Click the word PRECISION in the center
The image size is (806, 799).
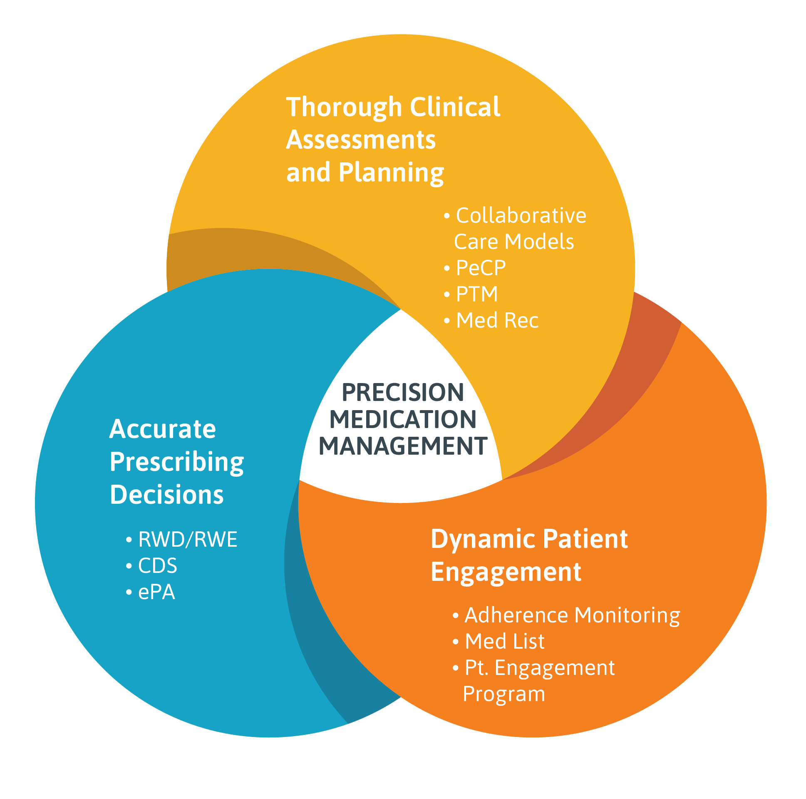pos(402,393)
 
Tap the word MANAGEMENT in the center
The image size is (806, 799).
pos(402,446)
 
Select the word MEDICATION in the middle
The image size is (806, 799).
pos(402,420)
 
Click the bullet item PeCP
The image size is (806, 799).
pos(480,268)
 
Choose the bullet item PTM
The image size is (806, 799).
pos(476,294)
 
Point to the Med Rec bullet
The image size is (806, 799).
pos(496,321)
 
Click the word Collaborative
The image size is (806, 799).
pos(521,215)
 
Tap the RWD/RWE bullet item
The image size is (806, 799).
pos(187,539)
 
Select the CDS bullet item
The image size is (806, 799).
pos(157,566)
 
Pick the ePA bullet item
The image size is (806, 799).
pos(156,592)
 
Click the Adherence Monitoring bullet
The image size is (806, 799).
pos(572,615)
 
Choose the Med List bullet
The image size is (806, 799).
pos(504,641)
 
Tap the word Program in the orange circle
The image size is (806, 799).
pos(503,694)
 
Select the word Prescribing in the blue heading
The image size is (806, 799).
pos(176,463)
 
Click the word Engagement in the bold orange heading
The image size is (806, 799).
pos(506,572)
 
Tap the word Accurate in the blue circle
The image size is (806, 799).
pos(162,429)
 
